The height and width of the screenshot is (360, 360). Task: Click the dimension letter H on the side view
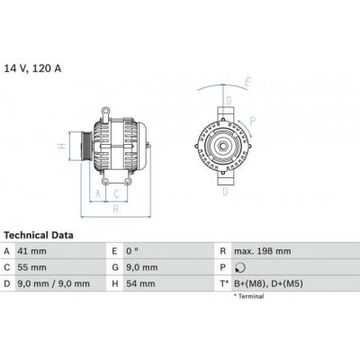pos(61,144)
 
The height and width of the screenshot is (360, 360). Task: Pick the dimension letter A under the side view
pos(97,192)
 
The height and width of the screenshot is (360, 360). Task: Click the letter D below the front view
pos(226,190)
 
